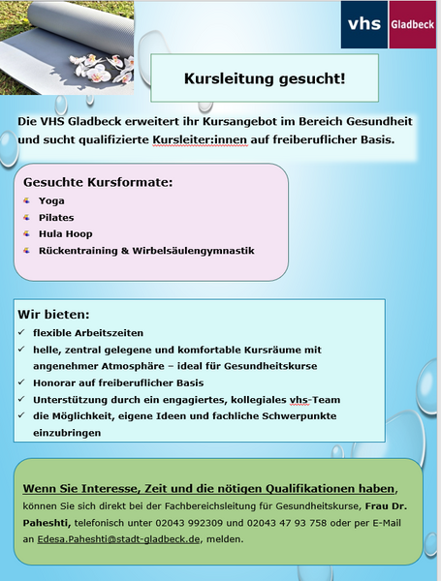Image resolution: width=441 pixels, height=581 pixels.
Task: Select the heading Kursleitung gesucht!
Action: click(264, 78)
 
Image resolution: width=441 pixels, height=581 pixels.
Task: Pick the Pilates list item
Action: click(56, 217)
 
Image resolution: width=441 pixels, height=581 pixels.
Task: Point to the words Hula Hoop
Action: click(65, 233)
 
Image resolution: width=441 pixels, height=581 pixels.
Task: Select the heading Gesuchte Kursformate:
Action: click(98, 182)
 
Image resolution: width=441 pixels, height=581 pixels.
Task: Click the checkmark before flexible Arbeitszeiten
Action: click(21, 333)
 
